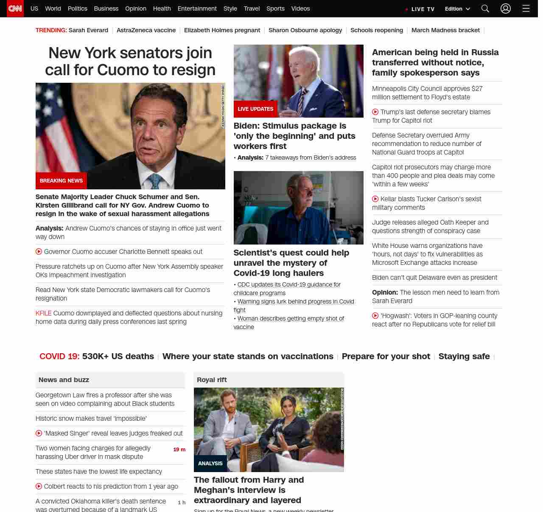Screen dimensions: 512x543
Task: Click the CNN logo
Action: point(15,8)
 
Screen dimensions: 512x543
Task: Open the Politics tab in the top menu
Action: point(77,8)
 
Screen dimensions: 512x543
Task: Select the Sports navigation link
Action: point(275,8)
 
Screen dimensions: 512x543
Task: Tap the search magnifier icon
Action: point(485,8)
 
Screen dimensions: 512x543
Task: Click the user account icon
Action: point(505,8)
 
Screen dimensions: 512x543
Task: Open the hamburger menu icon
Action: point(526,8)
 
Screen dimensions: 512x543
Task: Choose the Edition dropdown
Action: point(457,9)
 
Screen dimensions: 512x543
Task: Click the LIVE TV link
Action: point(420,9)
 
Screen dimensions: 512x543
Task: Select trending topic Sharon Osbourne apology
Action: point(305,30)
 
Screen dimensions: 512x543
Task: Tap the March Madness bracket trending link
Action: point(445,30)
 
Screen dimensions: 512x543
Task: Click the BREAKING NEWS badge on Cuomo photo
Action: point(61,181)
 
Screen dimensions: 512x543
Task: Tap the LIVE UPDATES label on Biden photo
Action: point(255,109)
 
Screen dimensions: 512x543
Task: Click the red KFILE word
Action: point(43,313)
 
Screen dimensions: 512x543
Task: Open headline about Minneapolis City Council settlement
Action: point(427,93)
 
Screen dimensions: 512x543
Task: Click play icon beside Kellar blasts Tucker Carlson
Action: point(375,199)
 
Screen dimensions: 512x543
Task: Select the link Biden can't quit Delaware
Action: point(434,278)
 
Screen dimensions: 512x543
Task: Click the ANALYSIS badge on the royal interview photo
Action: point(210,464)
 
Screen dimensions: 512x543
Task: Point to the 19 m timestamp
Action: point(179,450)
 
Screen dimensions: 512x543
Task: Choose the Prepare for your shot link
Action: point(386,357)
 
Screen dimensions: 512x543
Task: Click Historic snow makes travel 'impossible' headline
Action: point(91,419)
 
